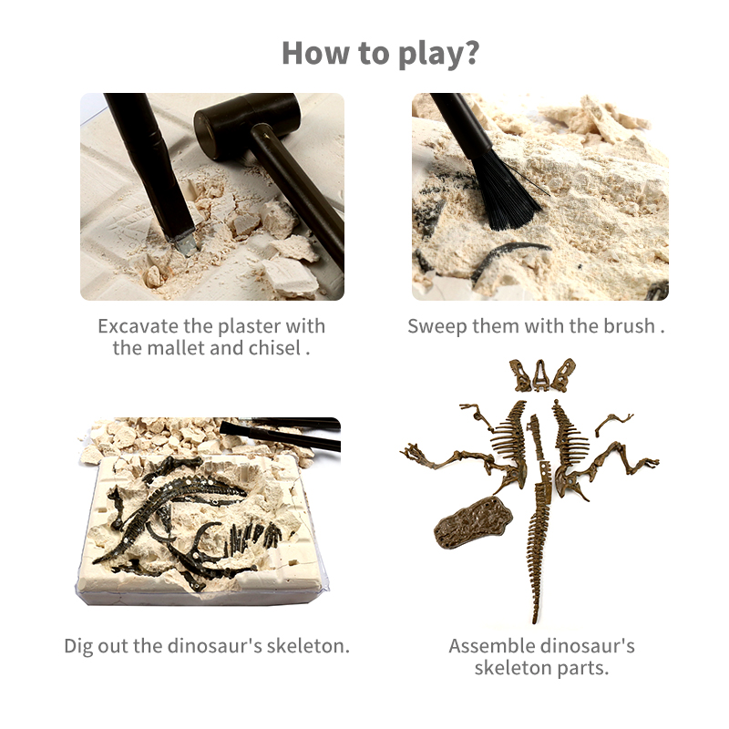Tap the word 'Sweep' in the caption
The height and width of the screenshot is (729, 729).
[x=437, y=327]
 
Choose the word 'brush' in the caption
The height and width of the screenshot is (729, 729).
[x=630, y=326]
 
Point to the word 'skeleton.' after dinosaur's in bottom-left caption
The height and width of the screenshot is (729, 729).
[x=307, y=646]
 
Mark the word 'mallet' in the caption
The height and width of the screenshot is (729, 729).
[x=179, y=348]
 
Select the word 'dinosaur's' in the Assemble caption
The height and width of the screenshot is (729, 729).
[x=587, y=646]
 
